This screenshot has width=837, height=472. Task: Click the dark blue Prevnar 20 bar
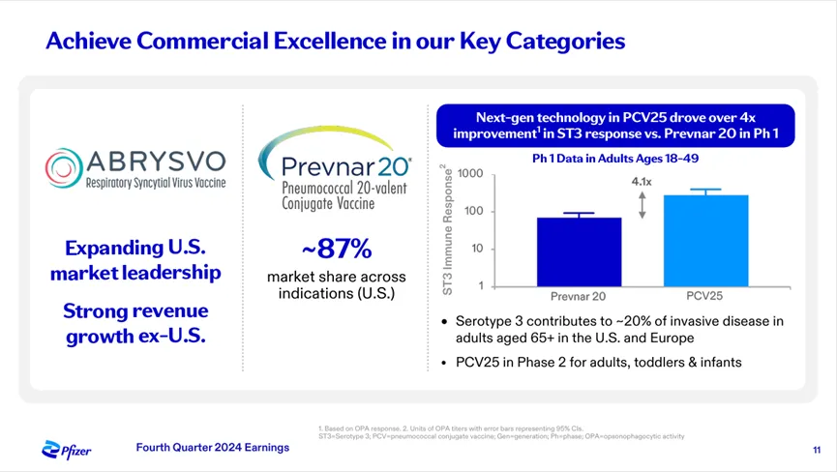coord(580,251)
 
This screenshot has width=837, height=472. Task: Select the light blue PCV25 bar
coord(705,240)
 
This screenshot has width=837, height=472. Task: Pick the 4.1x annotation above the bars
coord(643,181)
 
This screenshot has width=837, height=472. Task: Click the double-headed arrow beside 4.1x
coord(643,204)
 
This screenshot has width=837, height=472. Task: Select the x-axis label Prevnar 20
coord(580,296)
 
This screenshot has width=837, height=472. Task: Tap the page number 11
coord(817,450)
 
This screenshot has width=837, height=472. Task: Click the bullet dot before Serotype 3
coord(443,322)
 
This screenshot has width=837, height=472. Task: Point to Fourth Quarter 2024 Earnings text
coord(212,447)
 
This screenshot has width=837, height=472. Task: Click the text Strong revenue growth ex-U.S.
coord(136,325)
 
